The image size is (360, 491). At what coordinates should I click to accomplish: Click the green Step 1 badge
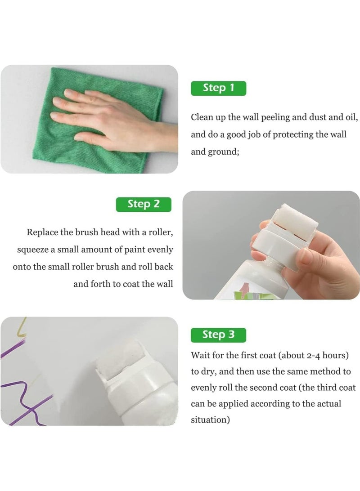pos(218,88)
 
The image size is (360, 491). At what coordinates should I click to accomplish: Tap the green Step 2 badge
pos(144,204)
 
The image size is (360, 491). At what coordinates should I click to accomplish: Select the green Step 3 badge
pos(218,335)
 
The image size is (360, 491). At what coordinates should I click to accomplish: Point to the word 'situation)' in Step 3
pos(210,420)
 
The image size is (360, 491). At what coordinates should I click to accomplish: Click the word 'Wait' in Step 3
pos(200,355)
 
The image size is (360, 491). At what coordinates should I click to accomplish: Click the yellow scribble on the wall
pos(20,327)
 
